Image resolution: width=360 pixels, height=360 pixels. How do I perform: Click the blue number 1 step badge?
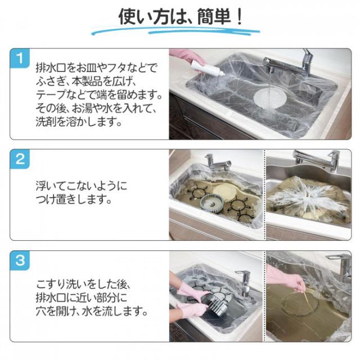point(20,58)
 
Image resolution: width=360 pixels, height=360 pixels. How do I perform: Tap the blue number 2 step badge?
point(20,159)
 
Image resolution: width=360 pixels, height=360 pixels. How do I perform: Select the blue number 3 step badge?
point(20,260)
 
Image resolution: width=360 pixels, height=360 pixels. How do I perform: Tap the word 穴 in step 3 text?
point(41,311)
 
